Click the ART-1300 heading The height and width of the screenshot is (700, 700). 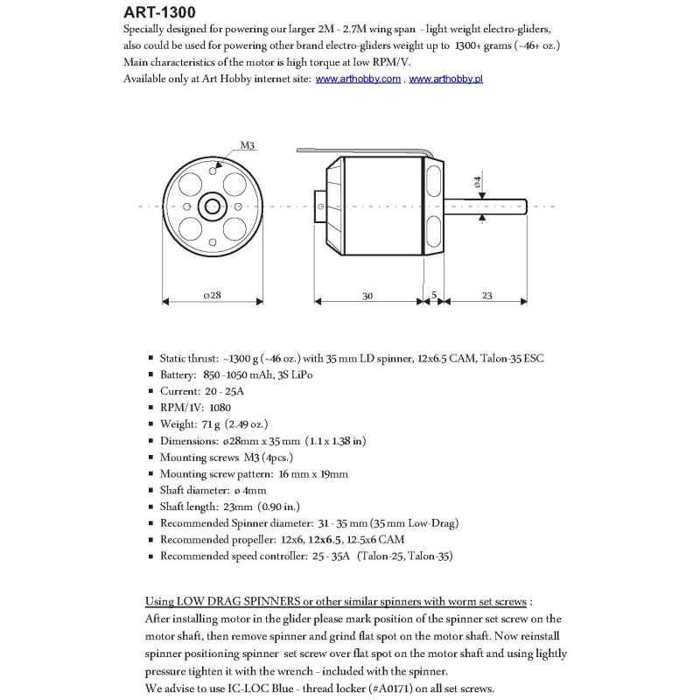pos(160,12)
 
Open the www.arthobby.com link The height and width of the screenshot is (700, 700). pos(358,79)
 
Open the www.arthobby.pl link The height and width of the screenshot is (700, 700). pos(446,79)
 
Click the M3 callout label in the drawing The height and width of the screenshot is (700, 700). pos(247,146)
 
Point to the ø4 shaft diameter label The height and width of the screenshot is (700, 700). pos(477,182)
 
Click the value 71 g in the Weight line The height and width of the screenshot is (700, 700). pos(212,423)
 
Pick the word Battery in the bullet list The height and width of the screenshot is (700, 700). pos(178,374)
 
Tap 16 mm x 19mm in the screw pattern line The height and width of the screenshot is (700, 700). pos(311,473)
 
